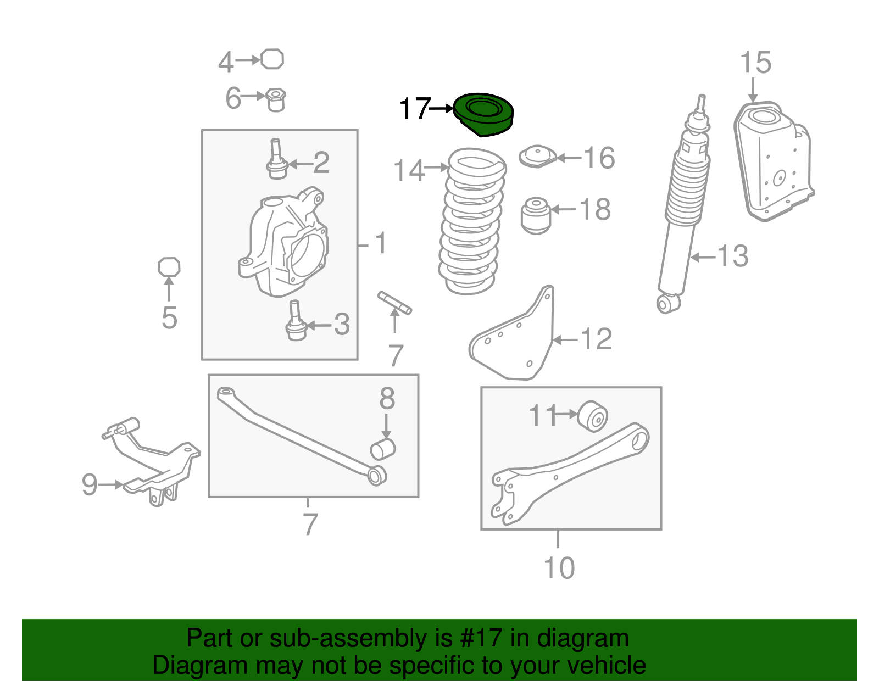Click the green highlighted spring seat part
click(483, 114)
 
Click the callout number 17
click(415, 109)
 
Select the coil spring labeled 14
click(472, 221)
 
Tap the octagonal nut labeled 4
click(272, 59)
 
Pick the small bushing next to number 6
click(276, 100)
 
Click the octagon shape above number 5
click(169, 267)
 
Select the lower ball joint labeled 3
click(296, 321)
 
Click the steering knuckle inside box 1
click(283, 243)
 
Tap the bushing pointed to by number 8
click(383, 449)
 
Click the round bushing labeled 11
click(592, 416)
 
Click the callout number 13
click(732, 256)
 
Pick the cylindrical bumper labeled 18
click(536, 215)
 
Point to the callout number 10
click(559, 568)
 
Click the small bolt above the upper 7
click(395, 303)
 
